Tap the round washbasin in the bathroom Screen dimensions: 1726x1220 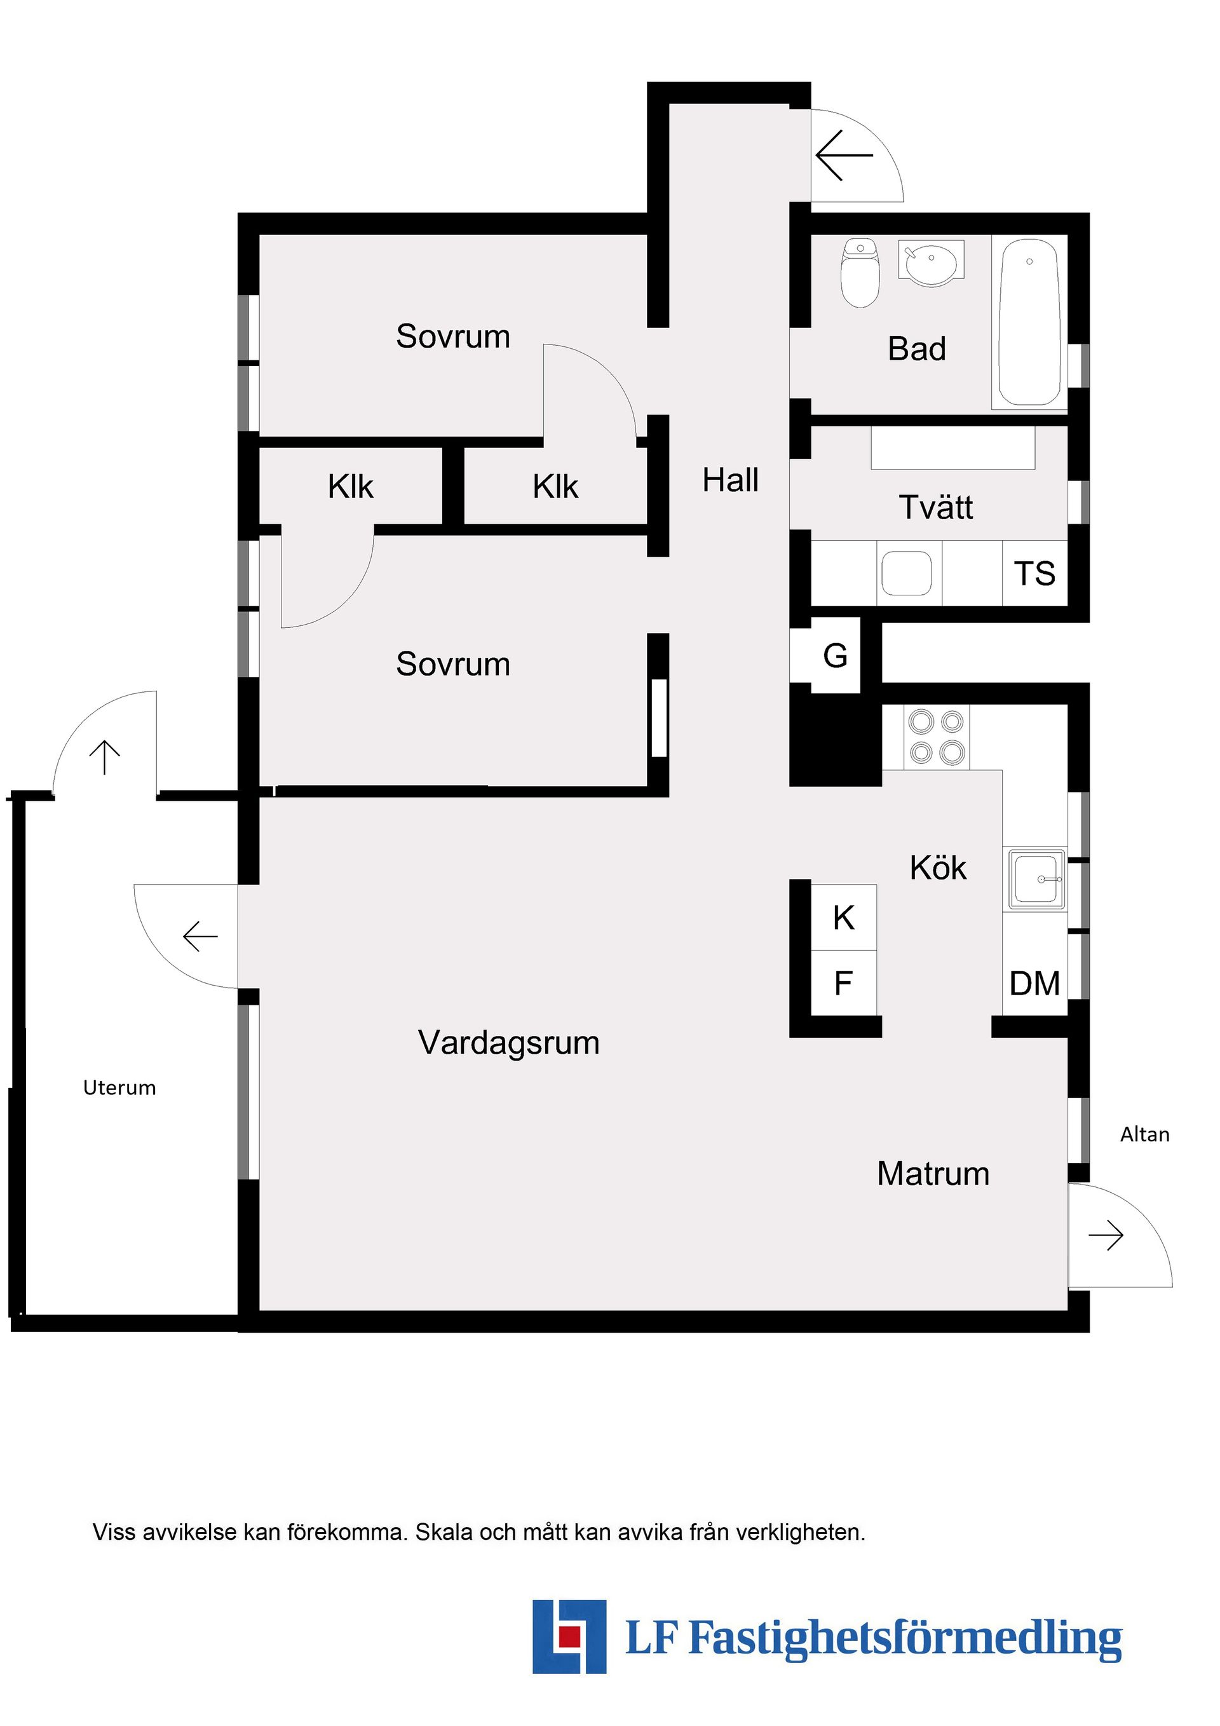(931, 264)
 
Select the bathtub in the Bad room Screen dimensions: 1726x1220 (1029, 323)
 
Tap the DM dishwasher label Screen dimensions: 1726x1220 (1034, 983)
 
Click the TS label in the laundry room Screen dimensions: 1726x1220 (1034, 574)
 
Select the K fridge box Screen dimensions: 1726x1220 (843, 917)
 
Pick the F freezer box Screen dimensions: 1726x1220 (843, 982)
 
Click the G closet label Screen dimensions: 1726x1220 (835, 656)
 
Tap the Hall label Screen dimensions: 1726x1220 (730, 480)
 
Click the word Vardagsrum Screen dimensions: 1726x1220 (509, 1043)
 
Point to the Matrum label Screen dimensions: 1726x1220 (933, 1174)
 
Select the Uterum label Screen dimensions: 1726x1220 (119, 1088)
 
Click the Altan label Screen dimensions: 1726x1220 (1144, 1134)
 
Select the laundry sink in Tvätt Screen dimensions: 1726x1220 (907, 574)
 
